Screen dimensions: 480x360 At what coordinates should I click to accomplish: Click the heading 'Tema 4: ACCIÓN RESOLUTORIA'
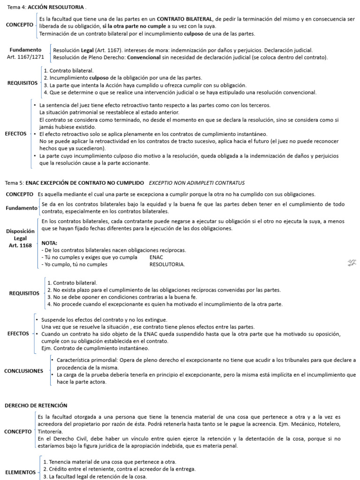46,8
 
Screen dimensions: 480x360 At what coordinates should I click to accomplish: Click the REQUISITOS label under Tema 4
22,82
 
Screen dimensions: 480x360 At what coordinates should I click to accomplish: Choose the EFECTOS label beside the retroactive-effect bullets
15,134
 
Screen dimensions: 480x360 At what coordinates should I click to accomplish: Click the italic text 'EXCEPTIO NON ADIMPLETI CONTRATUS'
196,182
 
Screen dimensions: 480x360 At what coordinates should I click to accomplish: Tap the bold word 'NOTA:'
50,243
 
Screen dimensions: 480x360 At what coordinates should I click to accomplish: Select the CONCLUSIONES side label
23,371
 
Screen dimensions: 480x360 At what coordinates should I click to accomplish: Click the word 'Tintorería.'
50,431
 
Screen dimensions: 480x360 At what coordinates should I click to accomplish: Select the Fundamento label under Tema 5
22,208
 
